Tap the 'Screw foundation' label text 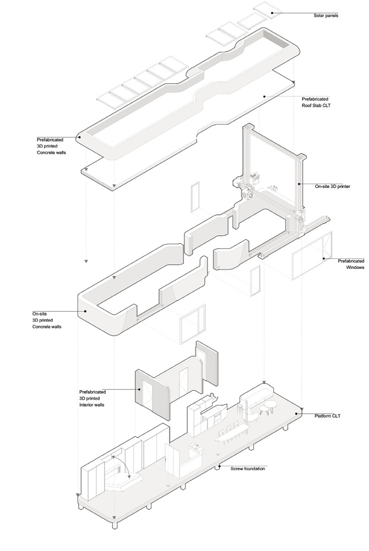(x=248, y=468)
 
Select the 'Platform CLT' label (x=327, y=415)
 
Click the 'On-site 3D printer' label (x=333, y=187)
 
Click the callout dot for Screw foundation (x=219, y=468)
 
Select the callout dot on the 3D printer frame (x=299, y=183)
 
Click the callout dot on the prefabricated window (x=323, y=258)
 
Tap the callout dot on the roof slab (x=265, y=96)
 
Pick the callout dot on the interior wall (x=139, y=390)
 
